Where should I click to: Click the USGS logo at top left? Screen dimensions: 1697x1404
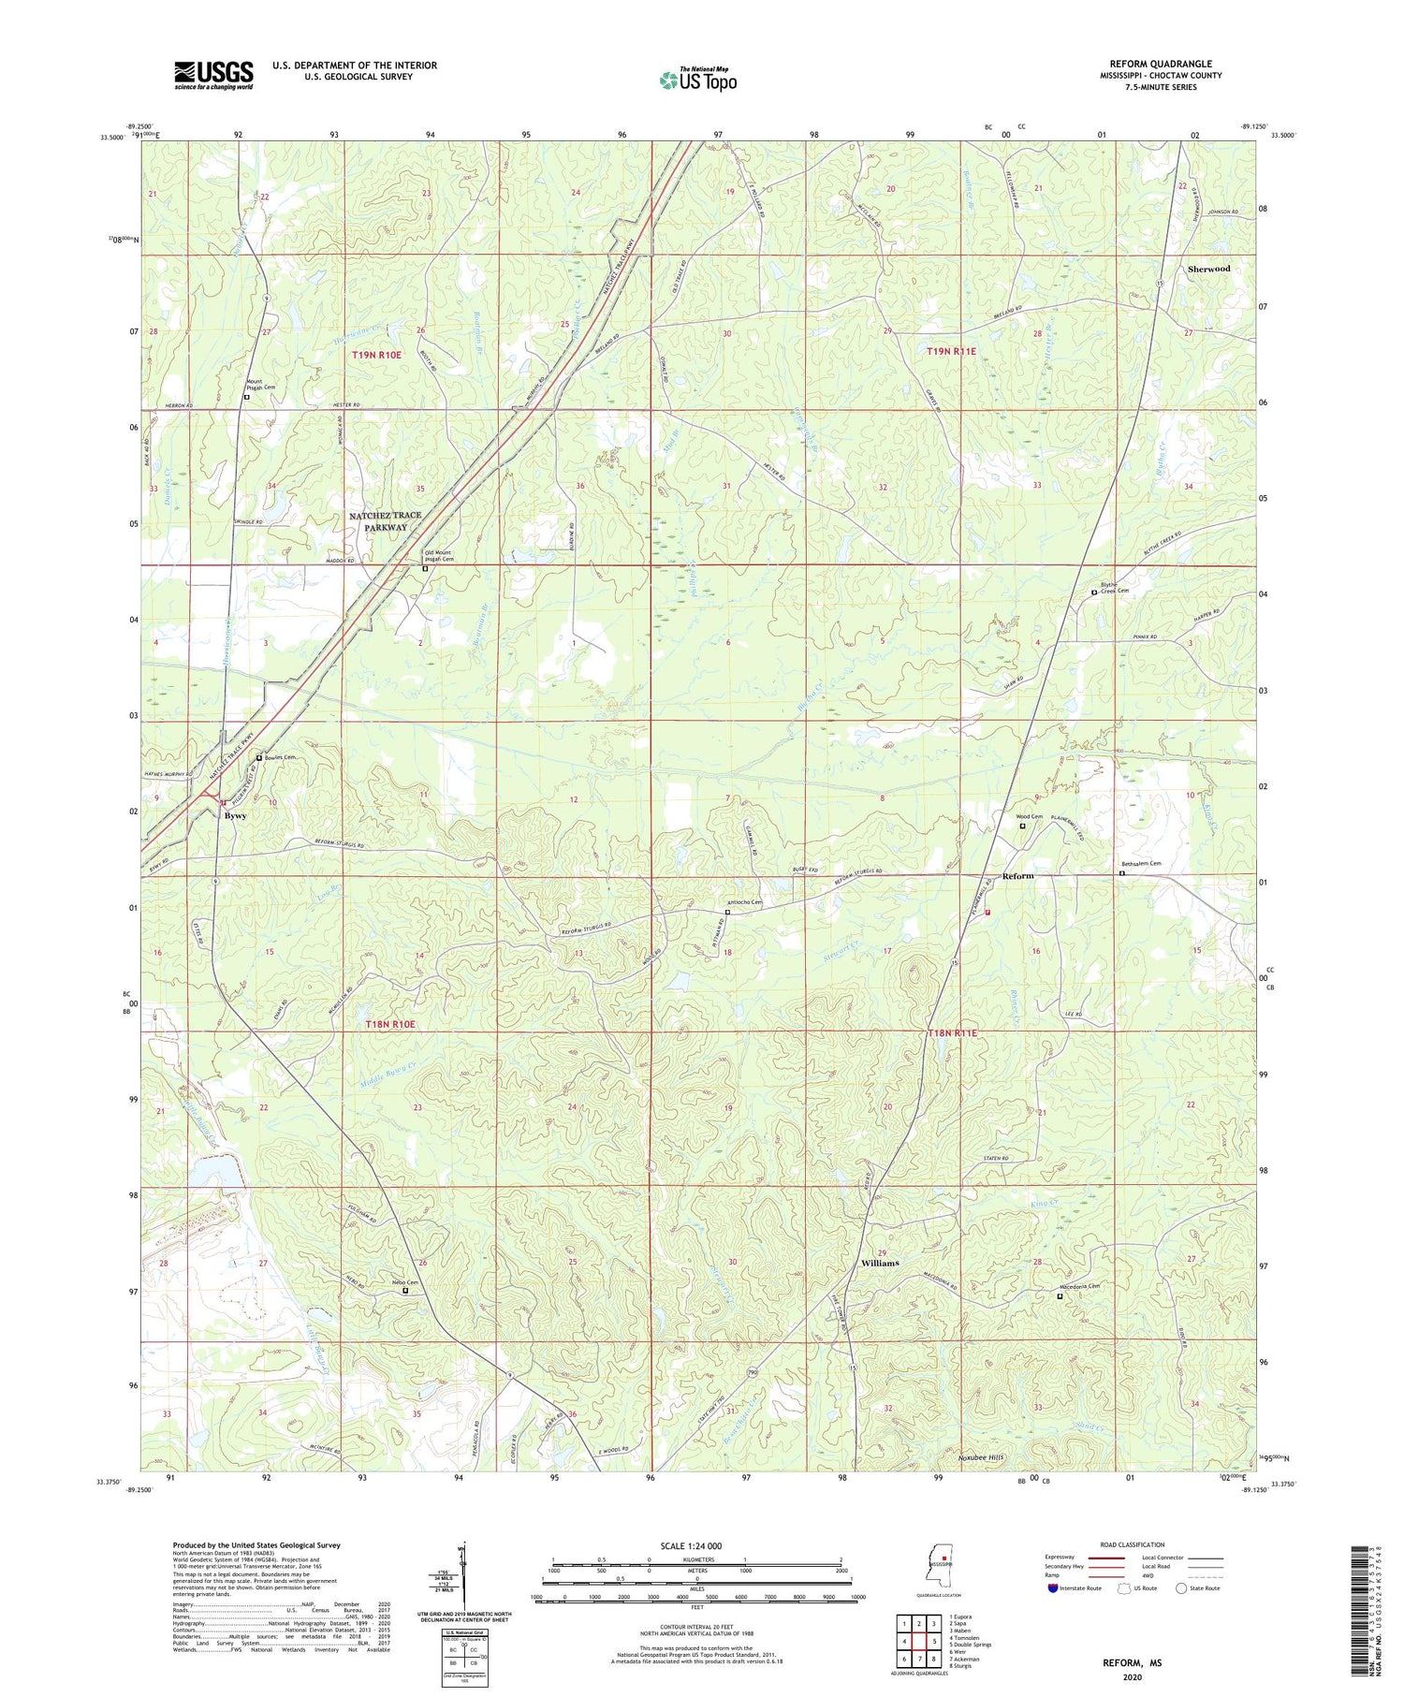pos(213,75)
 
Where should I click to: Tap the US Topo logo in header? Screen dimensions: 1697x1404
pos(697,80)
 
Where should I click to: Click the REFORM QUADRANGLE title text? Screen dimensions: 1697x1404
pos(1160,65)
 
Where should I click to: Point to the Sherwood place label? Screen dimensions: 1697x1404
pos(1208,269)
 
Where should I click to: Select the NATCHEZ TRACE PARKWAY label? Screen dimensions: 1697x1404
pos(385,521)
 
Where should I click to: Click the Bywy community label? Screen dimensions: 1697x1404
pos(236,815)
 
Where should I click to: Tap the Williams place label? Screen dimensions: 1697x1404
pos(880,1263)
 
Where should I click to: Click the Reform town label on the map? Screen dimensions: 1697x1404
pos(1017,876)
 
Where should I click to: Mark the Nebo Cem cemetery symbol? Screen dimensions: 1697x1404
pos(405,1291)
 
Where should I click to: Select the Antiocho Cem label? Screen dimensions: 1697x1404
pos(745,903)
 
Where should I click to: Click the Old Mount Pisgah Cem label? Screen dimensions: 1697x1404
pos(440,555)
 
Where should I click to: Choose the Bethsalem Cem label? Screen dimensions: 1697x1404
pos(1141,864)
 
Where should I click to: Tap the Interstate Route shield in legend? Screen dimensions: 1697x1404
pos(1052,1588)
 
